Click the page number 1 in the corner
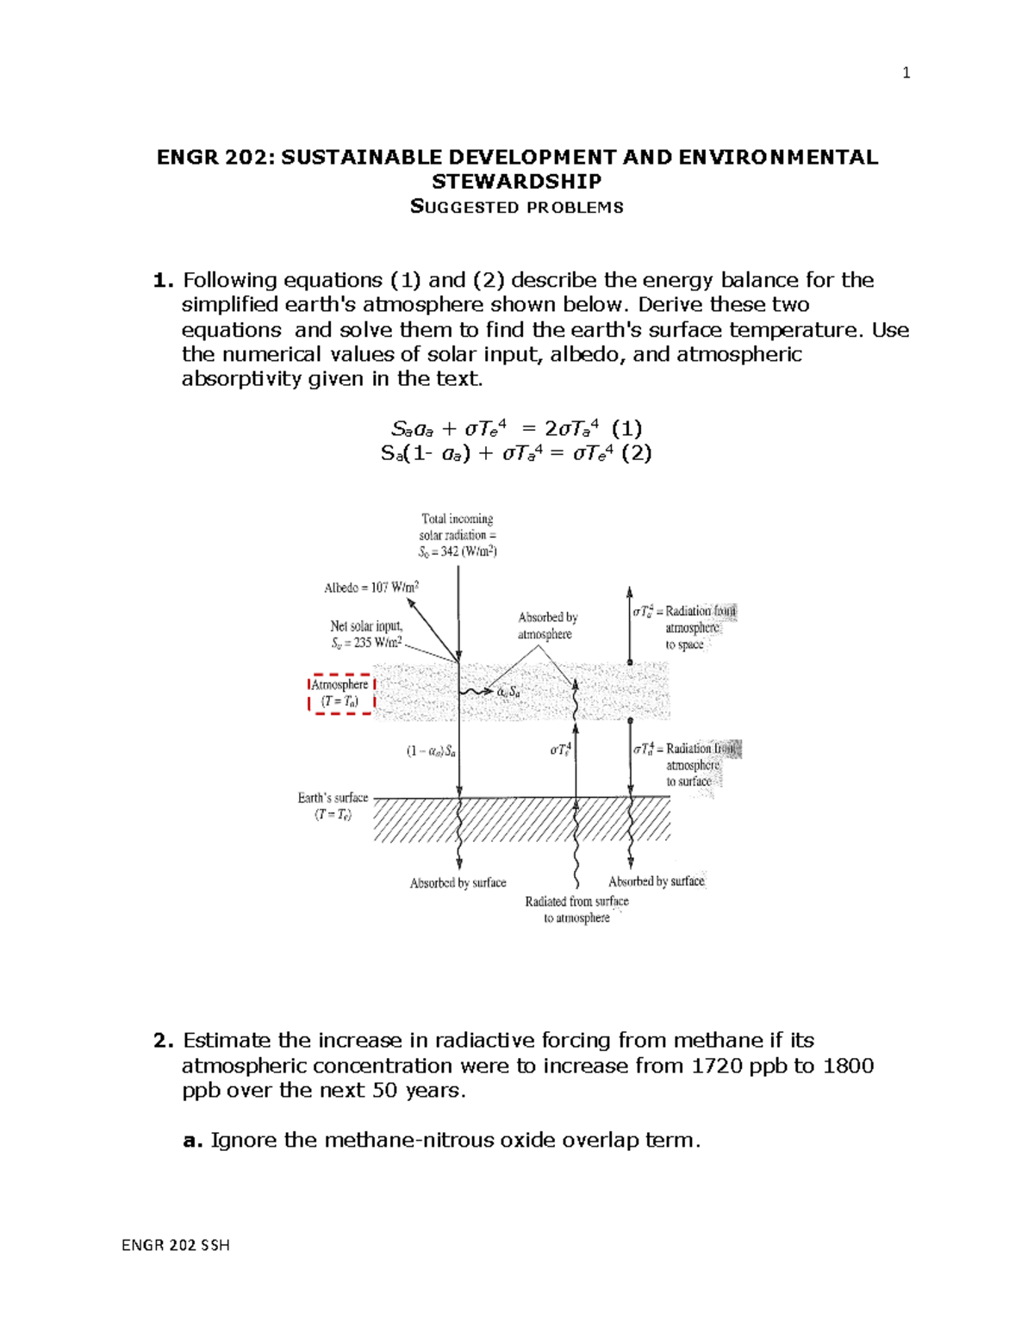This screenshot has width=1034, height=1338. tap(906, 73)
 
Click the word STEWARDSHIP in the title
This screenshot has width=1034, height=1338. tap(516, 181)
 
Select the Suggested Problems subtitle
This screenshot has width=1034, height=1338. tap(516, 207)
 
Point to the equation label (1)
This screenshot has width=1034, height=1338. tap(626, 428)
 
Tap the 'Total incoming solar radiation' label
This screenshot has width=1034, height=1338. tap(458, 535)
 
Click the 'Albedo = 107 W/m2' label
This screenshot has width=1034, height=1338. tap(371, 588)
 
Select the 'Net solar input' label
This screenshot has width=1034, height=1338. tap(366, 634)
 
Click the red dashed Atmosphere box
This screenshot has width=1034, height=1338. tap(341, 694)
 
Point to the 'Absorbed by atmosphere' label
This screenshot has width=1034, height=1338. tap(547, 625)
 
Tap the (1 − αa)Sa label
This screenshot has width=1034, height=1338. tap(431, 751)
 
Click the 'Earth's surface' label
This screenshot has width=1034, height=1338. tap(333, 806)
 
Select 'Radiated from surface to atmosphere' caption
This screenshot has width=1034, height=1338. tap(576, 909)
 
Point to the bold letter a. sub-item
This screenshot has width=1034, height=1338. tap(193, 1141)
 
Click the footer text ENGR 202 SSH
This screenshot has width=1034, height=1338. tap(176, 1245)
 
